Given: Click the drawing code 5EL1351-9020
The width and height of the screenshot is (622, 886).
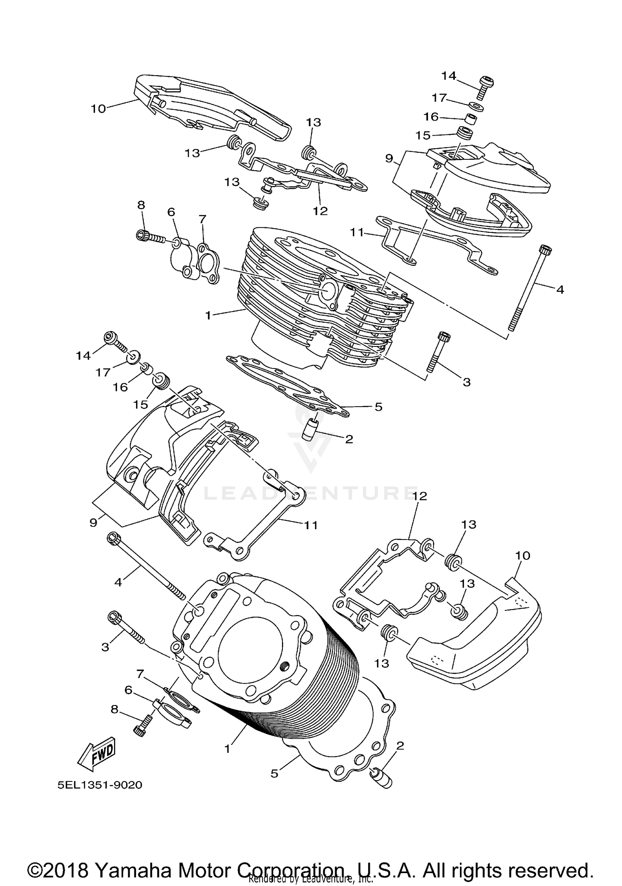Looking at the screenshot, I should [100, 785].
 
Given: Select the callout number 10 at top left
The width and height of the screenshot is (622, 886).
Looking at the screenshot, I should [98, 109].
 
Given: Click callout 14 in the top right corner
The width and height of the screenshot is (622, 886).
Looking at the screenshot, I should [448, 76].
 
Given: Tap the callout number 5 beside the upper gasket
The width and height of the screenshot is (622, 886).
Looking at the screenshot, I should [378, 407].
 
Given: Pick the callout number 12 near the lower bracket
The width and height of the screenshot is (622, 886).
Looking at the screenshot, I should [420, 496].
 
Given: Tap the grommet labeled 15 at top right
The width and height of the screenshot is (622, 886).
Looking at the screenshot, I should [465, 134].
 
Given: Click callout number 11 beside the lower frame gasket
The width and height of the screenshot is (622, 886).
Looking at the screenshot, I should [311, 525].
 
